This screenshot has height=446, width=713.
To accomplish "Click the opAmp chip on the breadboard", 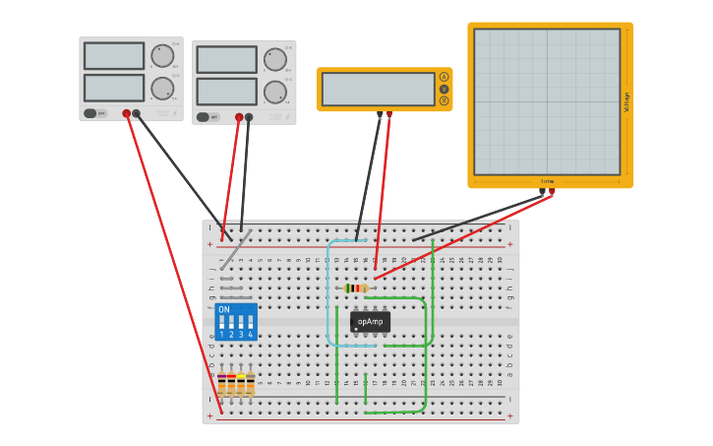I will (370, 322).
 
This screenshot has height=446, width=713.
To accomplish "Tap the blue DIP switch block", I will (236, 321).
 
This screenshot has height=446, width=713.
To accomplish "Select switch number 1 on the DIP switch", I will (222, 323).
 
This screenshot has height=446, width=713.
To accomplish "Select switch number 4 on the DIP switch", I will (250, 323).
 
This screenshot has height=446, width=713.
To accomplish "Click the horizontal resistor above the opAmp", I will (356, 288).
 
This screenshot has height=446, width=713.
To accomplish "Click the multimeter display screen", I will (378, 90).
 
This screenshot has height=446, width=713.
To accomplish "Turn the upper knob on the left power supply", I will (161, 55).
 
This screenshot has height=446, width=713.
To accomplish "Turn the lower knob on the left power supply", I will (161, 89).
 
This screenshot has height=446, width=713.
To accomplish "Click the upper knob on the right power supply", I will (274, 59).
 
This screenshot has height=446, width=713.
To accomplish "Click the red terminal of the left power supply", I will (127, 114).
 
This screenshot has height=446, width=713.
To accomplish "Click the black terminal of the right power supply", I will (249, 117).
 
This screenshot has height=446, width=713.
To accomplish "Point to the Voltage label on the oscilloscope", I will (626, 101).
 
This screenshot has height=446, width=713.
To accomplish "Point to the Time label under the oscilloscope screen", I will (548, 181).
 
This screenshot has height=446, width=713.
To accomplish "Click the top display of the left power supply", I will (114, 55).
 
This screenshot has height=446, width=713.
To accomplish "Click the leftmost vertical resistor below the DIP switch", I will (221, 383).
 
